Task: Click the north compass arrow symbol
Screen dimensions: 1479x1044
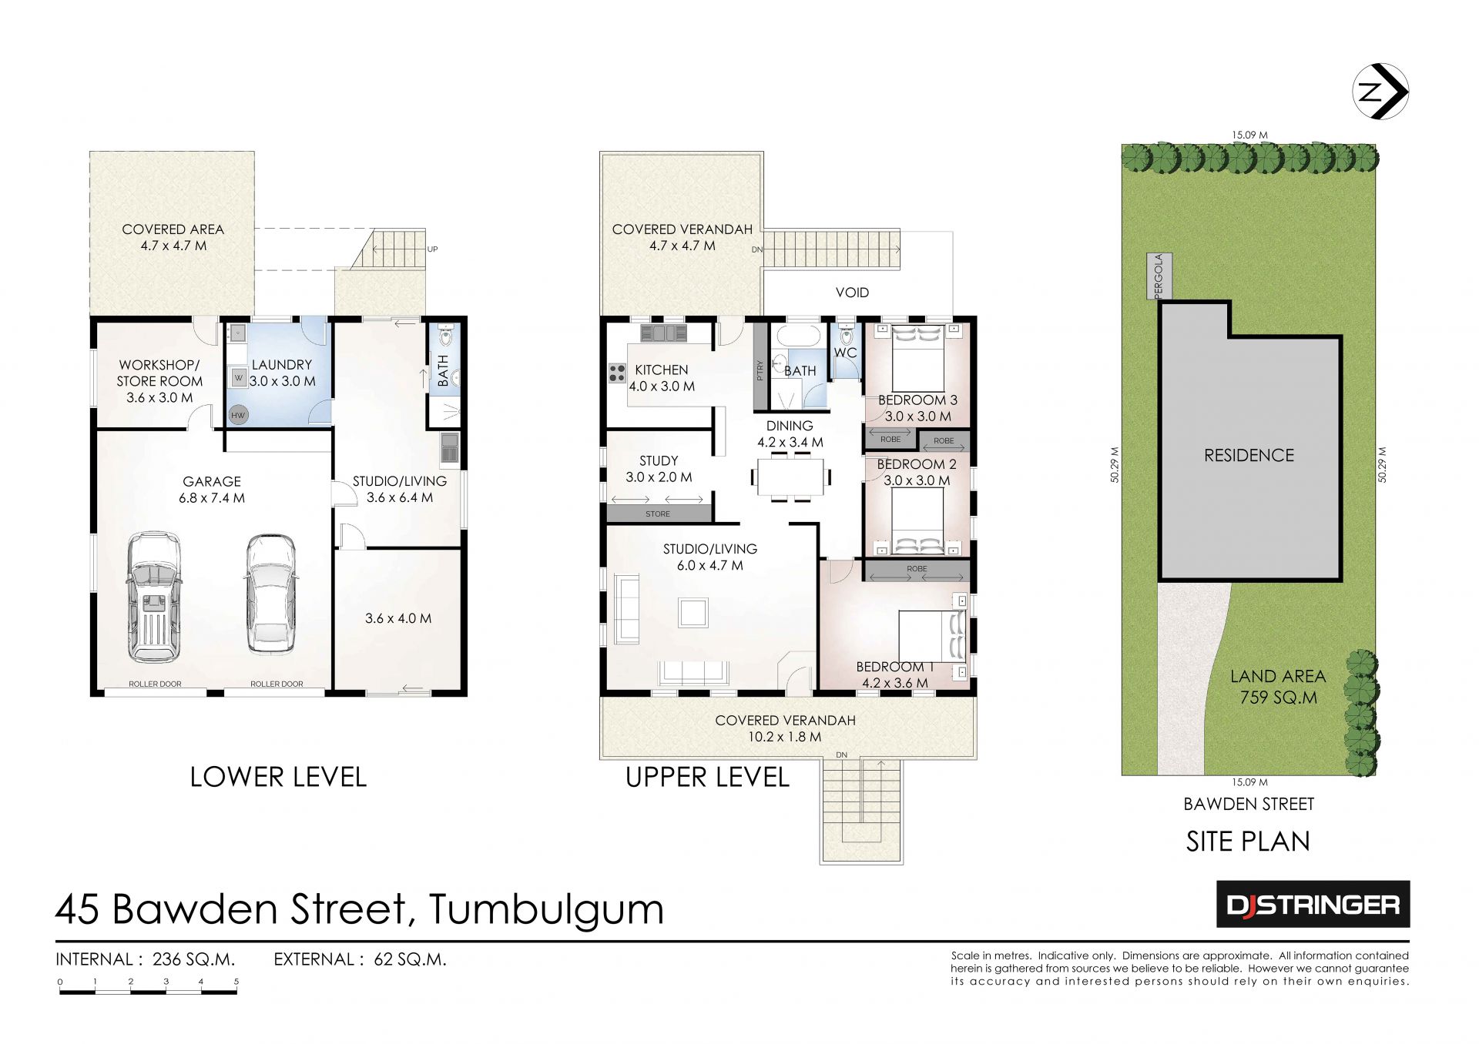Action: [x=1380, y=92]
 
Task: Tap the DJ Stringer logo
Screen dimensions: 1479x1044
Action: [x=1313, y=904]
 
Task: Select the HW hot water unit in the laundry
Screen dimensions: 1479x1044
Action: [x=238, y=415]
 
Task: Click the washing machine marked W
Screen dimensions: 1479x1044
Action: [x=239, y=378]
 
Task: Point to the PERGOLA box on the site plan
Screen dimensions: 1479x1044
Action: [x=1159, y=276]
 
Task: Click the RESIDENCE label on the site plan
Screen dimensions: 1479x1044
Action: [x=1249, y=455]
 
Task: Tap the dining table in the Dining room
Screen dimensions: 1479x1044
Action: [x=791, y=477]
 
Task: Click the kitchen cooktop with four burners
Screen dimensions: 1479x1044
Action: [x=617, y=373]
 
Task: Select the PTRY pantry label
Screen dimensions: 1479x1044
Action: [x=760, y=371]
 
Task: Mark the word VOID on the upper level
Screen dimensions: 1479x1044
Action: [x=852, y=293]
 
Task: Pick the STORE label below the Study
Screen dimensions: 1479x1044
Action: [x=658, y=514]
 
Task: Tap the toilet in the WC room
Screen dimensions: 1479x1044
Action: [x=847, y=336]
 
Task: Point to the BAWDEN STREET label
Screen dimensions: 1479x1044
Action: [x=1249, y=804]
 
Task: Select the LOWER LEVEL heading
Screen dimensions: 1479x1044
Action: [x=278, y=777]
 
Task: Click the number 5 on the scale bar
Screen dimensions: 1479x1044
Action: [x=236, y=982]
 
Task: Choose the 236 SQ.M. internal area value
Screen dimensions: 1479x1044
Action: [x=194, y=959]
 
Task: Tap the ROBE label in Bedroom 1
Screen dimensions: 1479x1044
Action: [x=917, y=569]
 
